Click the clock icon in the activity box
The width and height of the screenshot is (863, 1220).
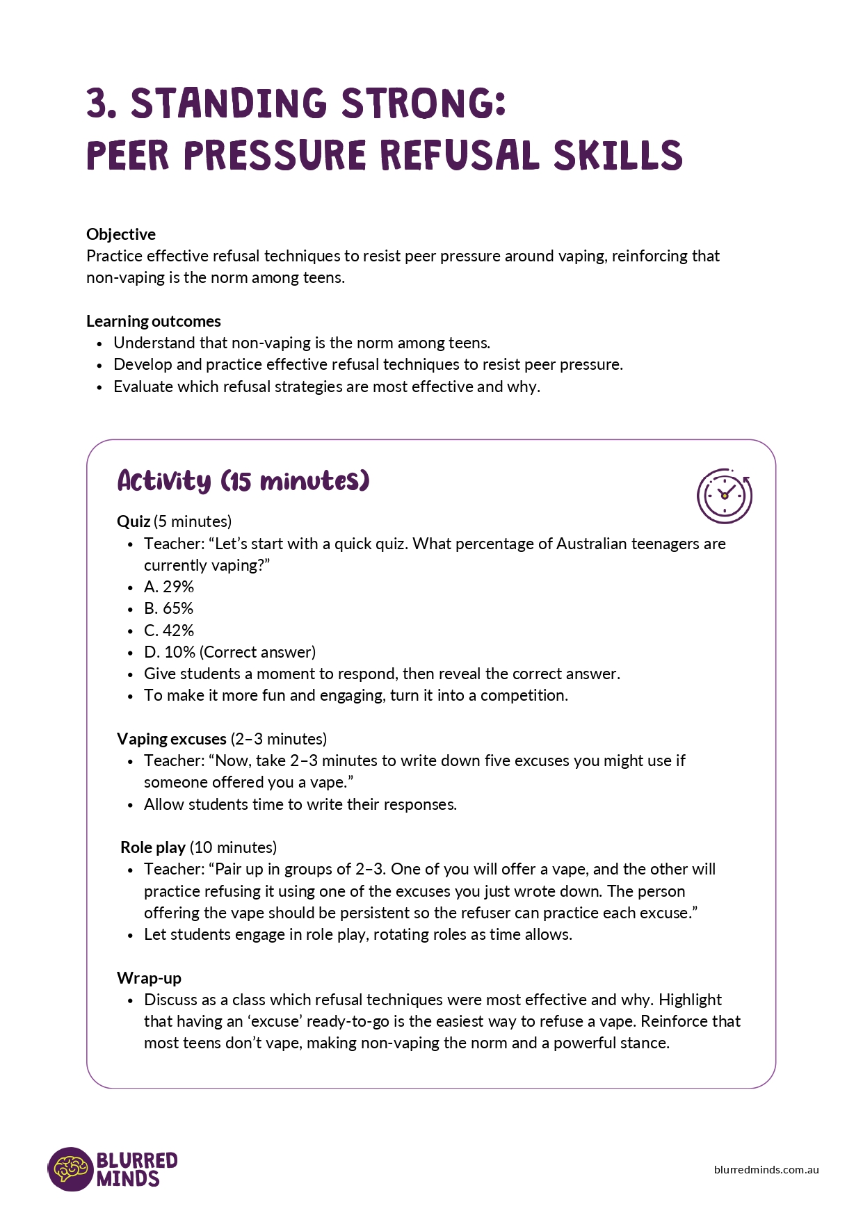(725, 496)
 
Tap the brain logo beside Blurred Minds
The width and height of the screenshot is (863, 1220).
(70, 1169)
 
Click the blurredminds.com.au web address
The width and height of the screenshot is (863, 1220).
(766, 1169)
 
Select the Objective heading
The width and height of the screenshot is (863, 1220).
(121, 234)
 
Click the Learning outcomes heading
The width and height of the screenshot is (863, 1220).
(154, 321)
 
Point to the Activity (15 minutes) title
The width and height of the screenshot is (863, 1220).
(243, 481)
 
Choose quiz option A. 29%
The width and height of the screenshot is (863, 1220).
(169, 587)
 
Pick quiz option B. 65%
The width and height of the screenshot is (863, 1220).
(169, 608)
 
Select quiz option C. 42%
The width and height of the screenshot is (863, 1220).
(169, 631)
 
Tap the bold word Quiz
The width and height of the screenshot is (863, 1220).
(134, 521)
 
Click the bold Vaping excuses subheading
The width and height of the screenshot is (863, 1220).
(172, 739)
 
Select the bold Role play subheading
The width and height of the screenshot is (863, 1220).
(153, 847)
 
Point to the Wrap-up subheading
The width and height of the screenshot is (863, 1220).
(149, 978)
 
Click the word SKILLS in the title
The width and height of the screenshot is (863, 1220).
(618, 155)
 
